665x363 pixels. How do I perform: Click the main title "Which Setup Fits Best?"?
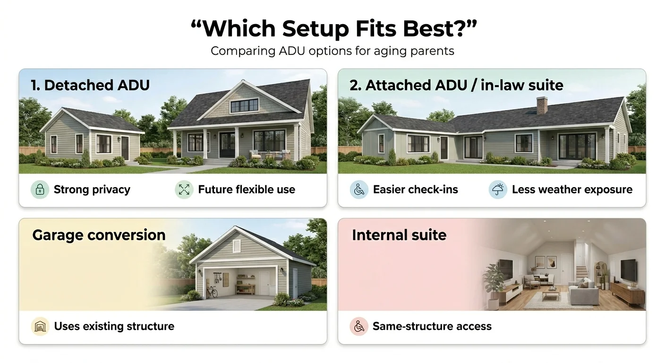(x=333, y=29)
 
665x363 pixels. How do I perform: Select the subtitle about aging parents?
(x=332, y=51)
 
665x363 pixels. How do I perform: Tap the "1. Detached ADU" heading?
(x=90, y=85)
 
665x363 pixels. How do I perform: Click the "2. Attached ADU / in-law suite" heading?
(x=456, y=85)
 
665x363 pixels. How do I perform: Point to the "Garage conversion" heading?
(x=99, y=235)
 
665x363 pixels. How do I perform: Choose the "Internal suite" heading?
(x=399, y=235)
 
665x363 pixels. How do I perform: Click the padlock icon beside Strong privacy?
(x=40, y=190)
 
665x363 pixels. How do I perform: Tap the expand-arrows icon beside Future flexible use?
(x=184, y=190)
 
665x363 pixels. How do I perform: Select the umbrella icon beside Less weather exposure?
(x=498, y=190)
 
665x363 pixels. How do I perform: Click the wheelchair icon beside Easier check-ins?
(x=359, y=190)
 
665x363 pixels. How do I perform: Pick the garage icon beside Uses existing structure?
(x=40, y=327)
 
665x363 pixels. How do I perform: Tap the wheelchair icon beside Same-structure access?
(x=359, y=327)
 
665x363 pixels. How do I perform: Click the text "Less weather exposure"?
(x=572, y=190)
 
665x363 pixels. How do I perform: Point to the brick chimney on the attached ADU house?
(x=542, y=105)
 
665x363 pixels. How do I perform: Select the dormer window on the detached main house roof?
(x=244, y=105)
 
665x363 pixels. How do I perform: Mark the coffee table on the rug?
(x=551, y=294)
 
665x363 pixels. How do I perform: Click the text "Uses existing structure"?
(x=114, y=327)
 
